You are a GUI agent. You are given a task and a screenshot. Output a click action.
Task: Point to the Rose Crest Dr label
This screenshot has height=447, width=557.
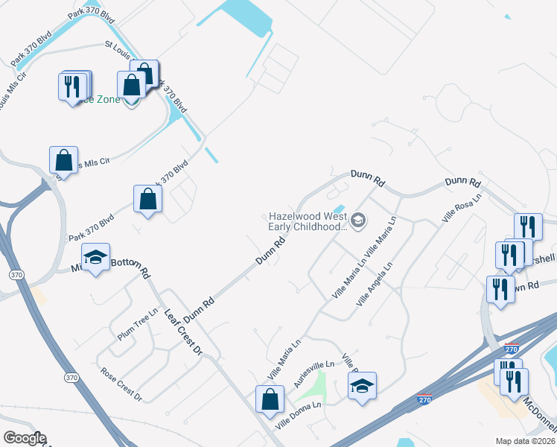pyautogui.click(x=121, y=383)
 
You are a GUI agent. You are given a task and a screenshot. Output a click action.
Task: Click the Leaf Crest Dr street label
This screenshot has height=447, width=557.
pyautogui.click(x=183, y=332)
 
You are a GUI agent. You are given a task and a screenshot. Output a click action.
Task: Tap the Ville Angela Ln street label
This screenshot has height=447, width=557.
pyautogui.click(x=378, y=288)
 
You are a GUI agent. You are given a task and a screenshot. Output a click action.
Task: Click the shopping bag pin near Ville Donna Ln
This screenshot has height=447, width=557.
pyautogui.click(x=269, y=399)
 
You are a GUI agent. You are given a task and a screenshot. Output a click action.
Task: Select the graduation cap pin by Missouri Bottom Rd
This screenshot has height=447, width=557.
pyautogui.click(x=95, y=258)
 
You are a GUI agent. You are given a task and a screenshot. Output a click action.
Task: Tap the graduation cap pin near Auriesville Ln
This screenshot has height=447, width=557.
pyautogui.click(x=362, y=386)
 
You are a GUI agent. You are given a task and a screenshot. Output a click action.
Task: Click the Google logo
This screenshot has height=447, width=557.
pyautogui.click(x=25, y=438)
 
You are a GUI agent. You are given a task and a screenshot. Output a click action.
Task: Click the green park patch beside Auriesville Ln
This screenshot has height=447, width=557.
pyautogui.click(x=318, y=385)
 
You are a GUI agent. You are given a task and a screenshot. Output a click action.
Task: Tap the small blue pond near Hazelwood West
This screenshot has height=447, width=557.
pyautogui.click(x=339, y=209)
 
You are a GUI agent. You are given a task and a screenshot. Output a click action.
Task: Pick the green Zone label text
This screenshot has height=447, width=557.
pyautogui.click(x=104, y=99)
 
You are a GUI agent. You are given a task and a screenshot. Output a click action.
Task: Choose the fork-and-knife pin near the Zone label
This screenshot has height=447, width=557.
pyautogui.click(x=73, y=86)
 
